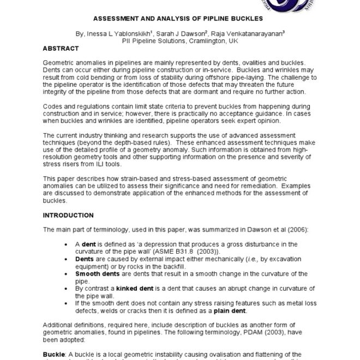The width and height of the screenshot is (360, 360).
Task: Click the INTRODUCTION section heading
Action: (x=68, y=215)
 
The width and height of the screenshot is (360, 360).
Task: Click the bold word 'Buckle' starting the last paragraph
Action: (x=53, y=354)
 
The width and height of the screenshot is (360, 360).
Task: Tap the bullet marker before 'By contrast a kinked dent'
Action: (x=67, y=287)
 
